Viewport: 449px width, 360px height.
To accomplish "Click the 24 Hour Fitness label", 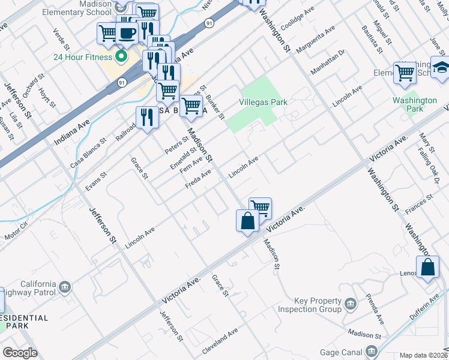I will (x=83, y=58).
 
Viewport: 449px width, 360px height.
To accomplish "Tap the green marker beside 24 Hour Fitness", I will (x=121, y=58).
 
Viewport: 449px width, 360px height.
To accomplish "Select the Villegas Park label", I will (x=264, y=103).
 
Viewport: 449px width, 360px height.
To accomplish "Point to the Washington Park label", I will (x=415, y=104).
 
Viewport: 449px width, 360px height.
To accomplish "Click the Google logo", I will (x=20, y=353).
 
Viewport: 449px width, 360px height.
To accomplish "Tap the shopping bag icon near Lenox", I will (x=428, y=267).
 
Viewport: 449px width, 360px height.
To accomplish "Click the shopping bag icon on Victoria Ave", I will (x=247, y=220).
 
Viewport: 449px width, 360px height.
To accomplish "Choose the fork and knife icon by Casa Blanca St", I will (x=147, y=117).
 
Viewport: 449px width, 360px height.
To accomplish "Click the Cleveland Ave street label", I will (x=220, y=340).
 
